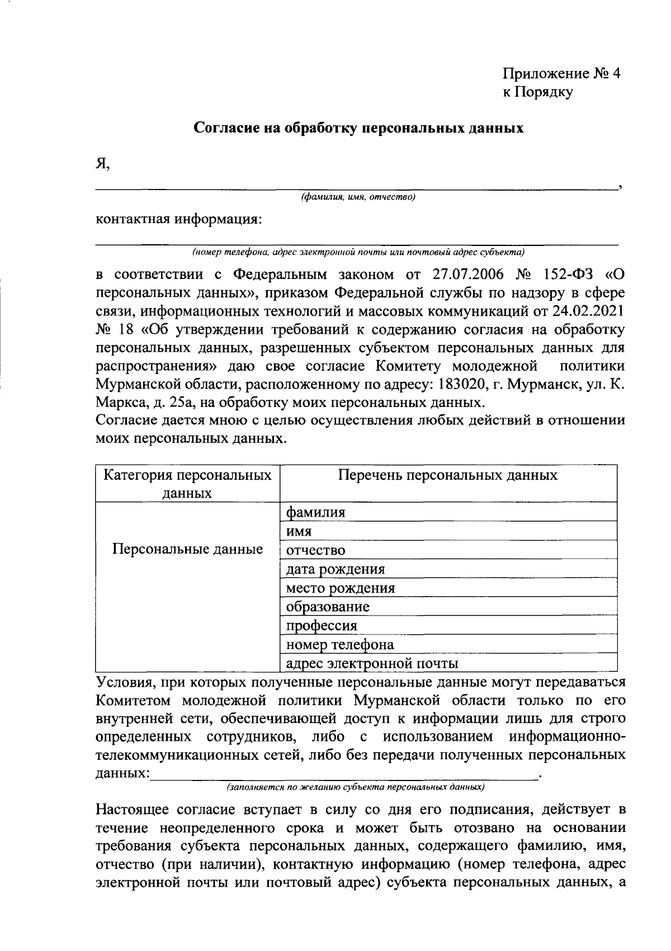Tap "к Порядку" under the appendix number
click(x=537, y=93)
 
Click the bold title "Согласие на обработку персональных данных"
click(x=358, y=128)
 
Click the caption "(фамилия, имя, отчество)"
click(x=358, y=197)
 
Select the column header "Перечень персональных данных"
click(x=448, y=475)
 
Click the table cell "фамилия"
click(x=315, y=512)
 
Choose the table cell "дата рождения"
click(x=335, y=569)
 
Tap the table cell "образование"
click(x=328, y=607)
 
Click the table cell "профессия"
click(x=322, y=626)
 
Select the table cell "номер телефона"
click(x=340, y=645)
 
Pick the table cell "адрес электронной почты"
click(x=372, y=664)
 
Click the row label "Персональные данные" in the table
click(x=188, y=549)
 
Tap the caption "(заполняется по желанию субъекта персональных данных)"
click(x=355, y=787)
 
